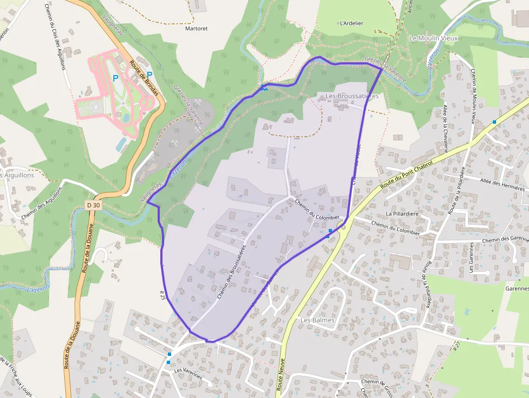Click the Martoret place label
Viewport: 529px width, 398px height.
coord(196,28)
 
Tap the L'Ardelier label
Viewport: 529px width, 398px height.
coord(351,23)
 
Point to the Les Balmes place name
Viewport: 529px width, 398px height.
coord(317,320)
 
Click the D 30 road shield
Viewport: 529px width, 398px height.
coord(93,205)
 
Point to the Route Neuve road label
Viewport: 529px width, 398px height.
coord(280,376)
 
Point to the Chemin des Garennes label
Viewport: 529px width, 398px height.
coord(505,239)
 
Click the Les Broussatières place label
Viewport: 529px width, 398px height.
coord(352,96)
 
